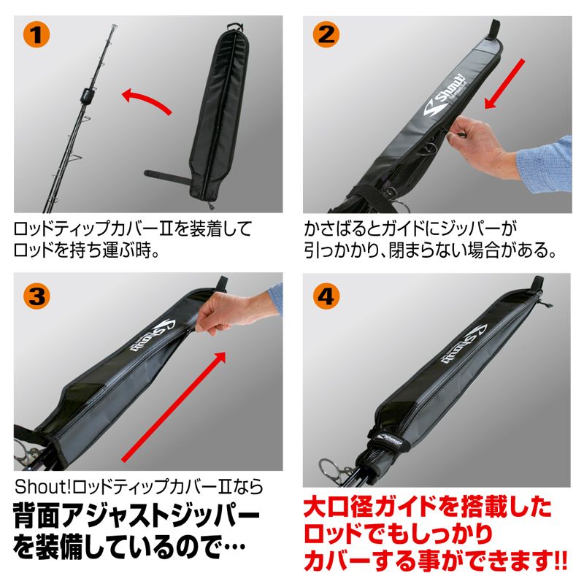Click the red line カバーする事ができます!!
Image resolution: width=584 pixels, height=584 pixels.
pos(434,563)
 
